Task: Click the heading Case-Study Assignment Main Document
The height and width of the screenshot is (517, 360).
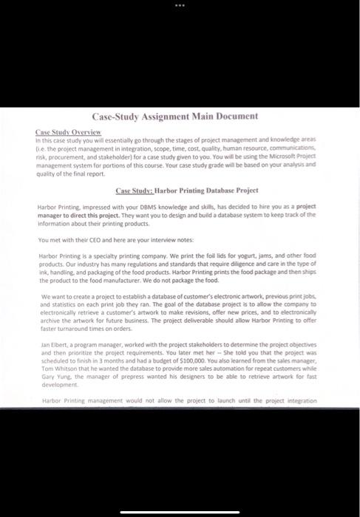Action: (174, 117)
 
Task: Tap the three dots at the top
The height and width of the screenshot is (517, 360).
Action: (180, 6)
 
